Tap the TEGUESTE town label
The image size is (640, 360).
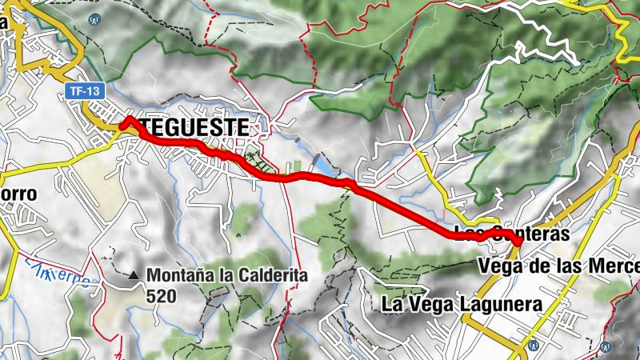click(194, 126)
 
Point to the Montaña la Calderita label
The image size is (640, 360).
click(227, 276)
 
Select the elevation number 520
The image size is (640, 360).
click(161, 295)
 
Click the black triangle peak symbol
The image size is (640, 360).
click(134, 276)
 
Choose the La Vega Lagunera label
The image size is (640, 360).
click(462, 304)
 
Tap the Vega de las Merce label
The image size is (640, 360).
click(558, 265)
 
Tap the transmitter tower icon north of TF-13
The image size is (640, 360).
click(96, 17)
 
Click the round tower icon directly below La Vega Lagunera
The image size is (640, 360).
click(531, 346)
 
